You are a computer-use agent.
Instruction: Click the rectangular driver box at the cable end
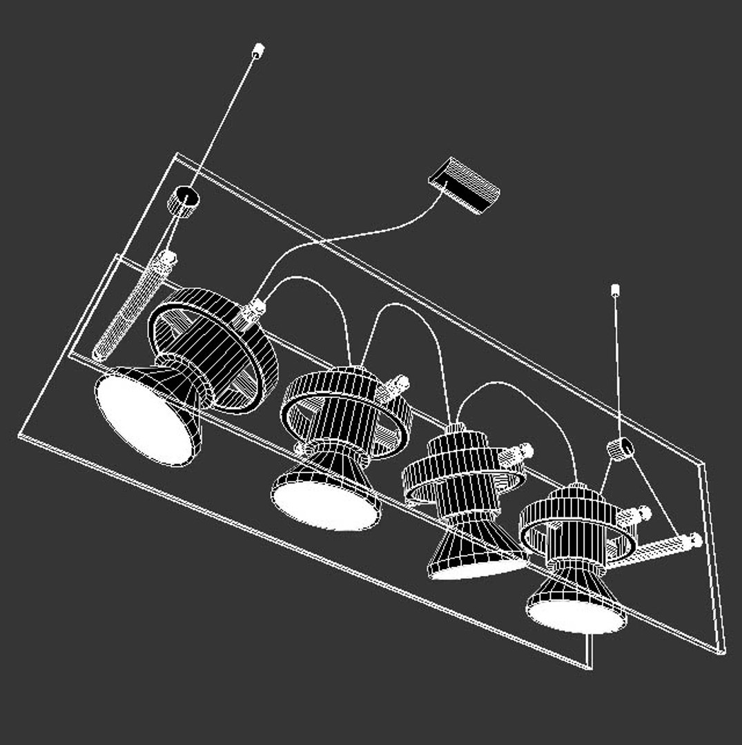tap(464, 183)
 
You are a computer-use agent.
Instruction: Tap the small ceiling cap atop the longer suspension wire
tap(258, 50)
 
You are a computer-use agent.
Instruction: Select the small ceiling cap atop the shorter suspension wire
tap(615, 290)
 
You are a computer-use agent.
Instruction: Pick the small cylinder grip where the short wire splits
tap(620, 448)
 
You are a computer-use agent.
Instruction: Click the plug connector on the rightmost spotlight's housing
tap(636, 515)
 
